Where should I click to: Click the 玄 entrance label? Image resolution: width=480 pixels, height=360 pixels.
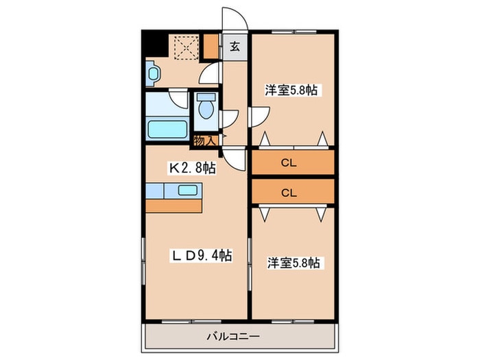point(235,47)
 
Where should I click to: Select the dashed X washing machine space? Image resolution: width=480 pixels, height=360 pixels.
point(185,47)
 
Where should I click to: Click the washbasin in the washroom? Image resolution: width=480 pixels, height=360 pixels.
point(152,73)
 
